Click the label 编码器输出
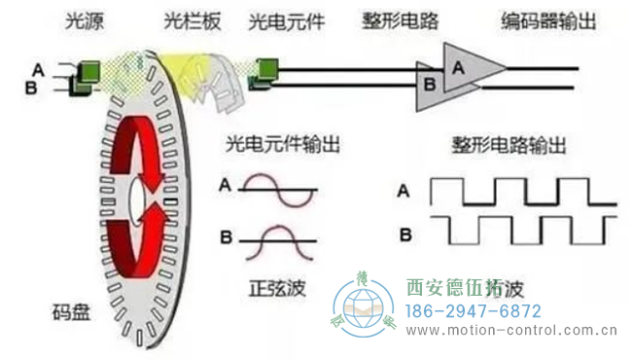532,18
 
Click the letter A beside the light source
38,68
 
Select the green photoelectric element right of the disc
265,68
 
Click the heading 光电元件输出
282,145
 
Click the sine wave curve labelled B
278,237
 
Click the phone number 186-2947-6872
472,312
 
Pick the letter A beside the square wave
402,191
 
